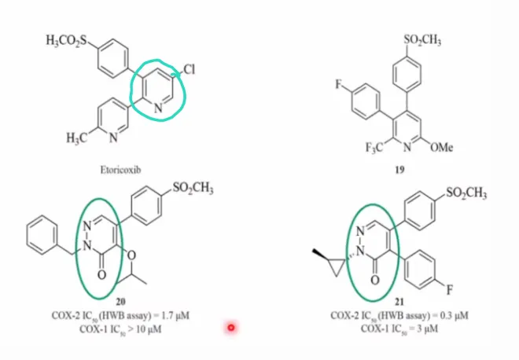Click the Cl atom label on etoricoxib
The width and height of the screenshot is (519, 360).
tap(190, 69)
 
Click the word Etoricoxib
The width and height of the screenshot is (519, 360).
tap(120, 170)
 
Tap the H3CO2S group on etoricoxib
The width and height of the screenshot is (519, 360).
tap(67, 41)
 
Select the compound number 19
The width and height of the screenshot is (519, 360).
tap(399, 170)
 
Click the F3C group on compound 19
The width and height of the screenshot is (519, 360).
tap(374, 147)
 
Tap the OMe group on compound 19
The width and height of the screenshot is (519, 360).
tap(442, 147)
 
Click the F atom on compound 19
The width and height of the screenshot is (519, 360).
tap(338, 84)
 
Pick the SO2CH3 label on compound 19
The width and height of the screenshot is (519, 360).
tap(422, 40)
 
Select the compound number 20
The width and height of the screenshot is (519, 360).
tap(120, 301)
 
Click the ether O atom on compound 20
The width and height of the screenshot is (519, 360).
tap(132, 255)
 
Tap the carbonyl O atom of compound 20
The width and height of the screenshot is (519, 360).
tap(102, 274)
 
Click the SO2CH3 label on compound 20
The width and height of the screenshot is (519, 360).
tap(193, 189)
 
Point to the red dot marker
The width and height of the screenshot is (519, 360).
tap(231, 328)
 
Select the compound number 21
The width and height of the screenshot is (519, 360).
tap(399, 301)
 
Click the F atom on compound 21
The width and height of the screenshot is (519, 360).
tap(449, 290)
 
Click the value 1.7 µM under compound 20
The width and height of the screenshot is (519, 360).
tap(175, 315)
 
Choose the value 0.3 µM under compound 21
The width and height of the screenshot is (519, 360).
tap(454, 315)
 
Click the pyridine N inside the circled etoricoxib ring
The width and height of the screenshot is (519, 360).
tap(158, 108)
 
